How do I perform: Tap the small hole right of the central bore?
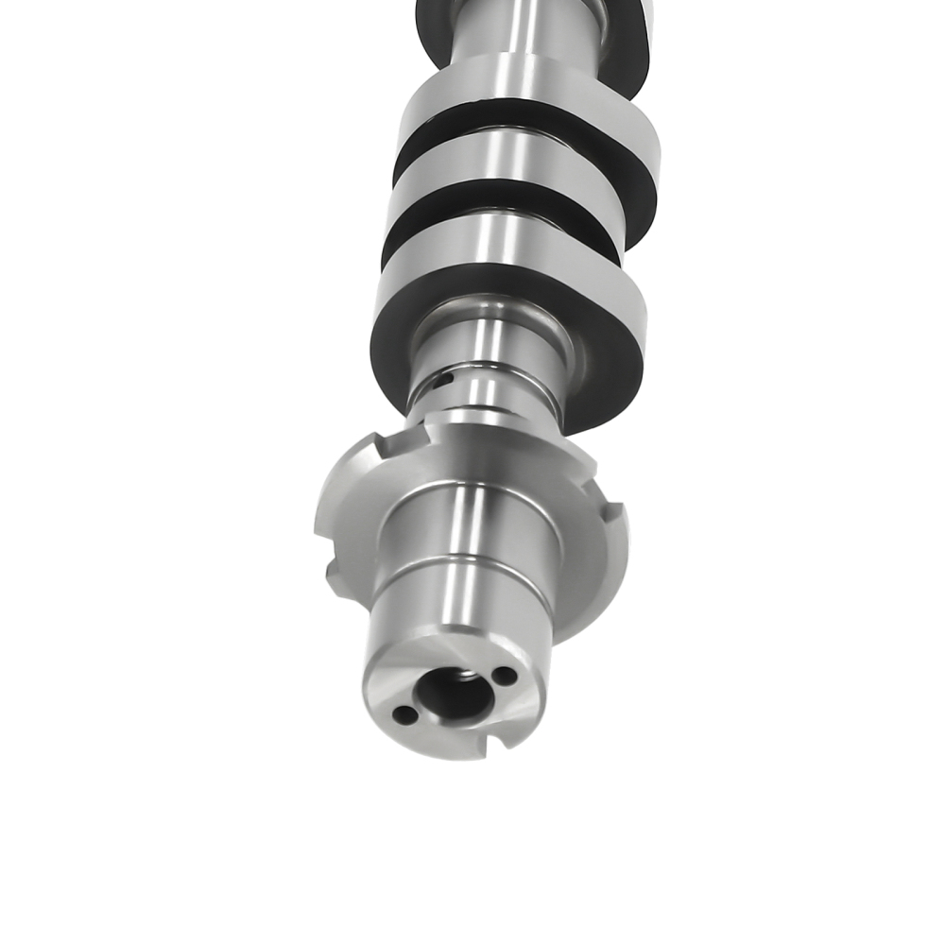(505, 677)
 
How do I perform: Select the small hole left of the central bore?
(404, 715)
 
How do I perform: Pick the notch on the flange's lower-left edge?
(334, 573)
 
